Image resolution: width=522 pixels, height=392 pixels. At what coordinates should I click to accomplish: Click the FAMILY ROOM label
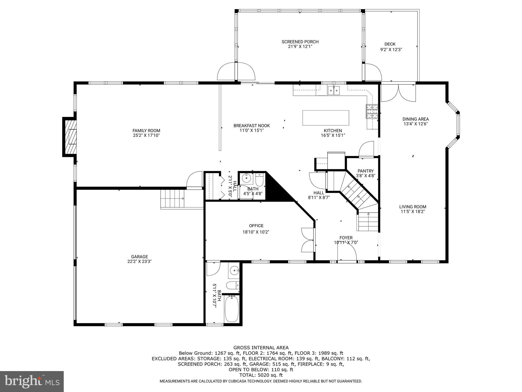(146, 131)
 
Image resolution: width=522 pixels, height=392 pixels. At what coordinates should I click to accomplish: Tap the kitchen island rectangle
(325, 118)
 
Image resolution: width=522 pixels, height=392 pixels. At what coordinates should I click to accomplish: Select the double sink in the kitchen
(334, 90)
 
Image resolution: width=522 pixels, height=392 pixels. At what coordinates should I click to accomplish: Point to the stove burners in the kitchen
(372, 111)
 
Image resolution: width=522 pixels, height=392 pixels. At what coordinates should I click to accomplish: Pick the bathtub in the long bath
(231, 309)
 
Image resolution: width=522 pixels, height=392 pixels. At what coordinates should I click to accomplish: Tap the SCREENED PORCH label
(300, 42)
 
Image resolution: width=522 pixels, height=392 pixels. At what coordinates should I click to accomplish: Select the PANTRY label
(366, 171)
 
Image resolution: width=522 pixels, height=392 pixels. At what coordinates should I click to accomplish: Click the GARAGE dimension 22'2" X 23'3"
(140, 261)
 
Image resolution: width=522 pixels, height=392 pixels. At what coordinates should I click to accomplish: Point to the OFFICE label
(256, 226)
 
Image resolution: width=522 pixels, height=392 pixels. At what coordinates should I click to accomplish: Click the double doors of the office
(308, 240)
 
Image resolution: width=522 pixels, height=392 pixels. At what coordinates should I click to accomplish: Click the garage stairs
(172, 199)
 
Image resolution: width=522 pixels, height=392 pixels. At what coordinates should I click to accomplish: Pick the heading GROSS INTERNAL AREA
(261, 348)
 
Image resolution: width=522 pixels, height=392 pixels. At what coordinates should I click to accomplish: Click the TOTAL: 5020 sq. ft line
(261, 375)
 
